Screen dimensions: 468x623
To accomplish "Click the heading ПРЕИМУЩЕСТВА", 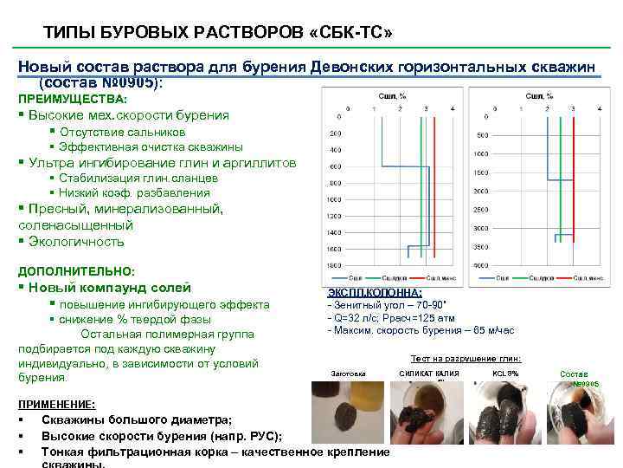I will (73, 100).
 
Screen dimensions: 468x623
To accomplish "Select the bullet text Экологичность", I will (76, 242).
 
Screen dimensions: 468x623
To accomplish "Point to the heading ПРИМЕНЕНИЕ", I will (56, 404).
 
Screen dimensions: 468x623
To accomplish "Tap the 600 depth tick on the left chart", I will (334, 166).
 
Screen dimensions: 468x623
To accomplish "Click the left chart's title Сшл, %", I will (394, 96).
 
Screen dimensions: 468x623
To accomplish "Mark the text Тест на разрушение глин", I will (466, 359).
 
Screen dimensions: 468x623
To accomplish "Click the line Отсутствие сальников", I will (122, 132).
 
